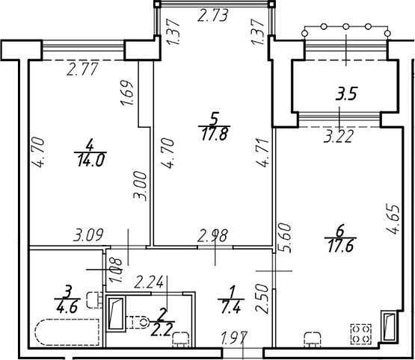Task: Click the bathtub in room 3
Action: tap(67, 332)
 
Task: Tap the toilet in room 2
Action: tap(138, 322)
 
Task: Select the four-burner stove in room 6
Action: tap(361, 334)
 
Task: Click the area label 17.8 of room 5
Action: tap(214, 134)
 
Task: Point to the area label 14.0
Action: tap(91, 160)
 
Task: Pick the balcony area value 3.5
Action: tap(346, 94)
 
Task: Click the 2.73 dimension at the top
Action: tap(213, 15)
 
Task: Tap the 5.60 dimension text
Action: tap(285, 238)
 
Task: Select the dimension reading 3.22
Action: tap(339, 137)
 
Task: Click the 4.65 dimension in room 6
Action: tap(393, 219)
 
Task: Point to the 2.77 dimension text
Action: tap(82, 69)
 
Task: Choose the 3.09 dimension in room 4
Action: tap(88, 235)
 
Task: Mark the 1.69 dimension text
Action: tap(126, 93)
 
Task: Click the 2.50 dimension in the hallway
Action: tap(262, 299)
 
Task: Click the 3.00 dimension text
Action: tap(140, 186)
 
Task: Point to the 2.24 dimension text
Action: tap(149, 282)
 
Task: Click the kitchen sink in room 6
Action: tap(313, 339)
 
